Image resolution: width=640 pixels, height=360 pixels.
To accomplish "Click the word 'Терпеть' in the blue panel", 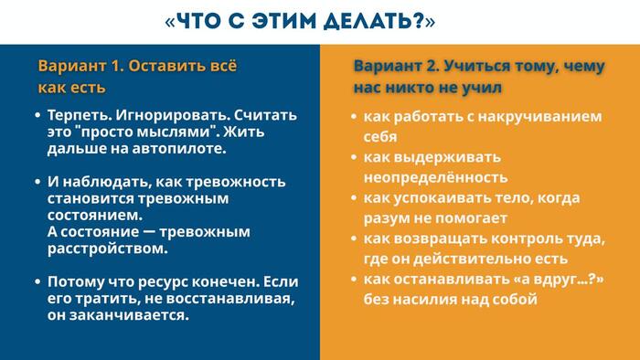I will click(x=76, y=116).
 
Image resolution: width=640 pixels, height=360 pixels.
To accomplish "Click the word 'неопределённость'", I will click(x=435, y=177).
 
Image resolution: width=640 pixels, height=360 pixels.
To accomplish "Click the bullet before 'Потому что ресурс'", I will click(x=37, y=281).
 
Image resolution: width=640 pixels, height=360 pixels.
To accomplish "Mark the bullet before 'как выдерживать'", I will click(x=354, y=157).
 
